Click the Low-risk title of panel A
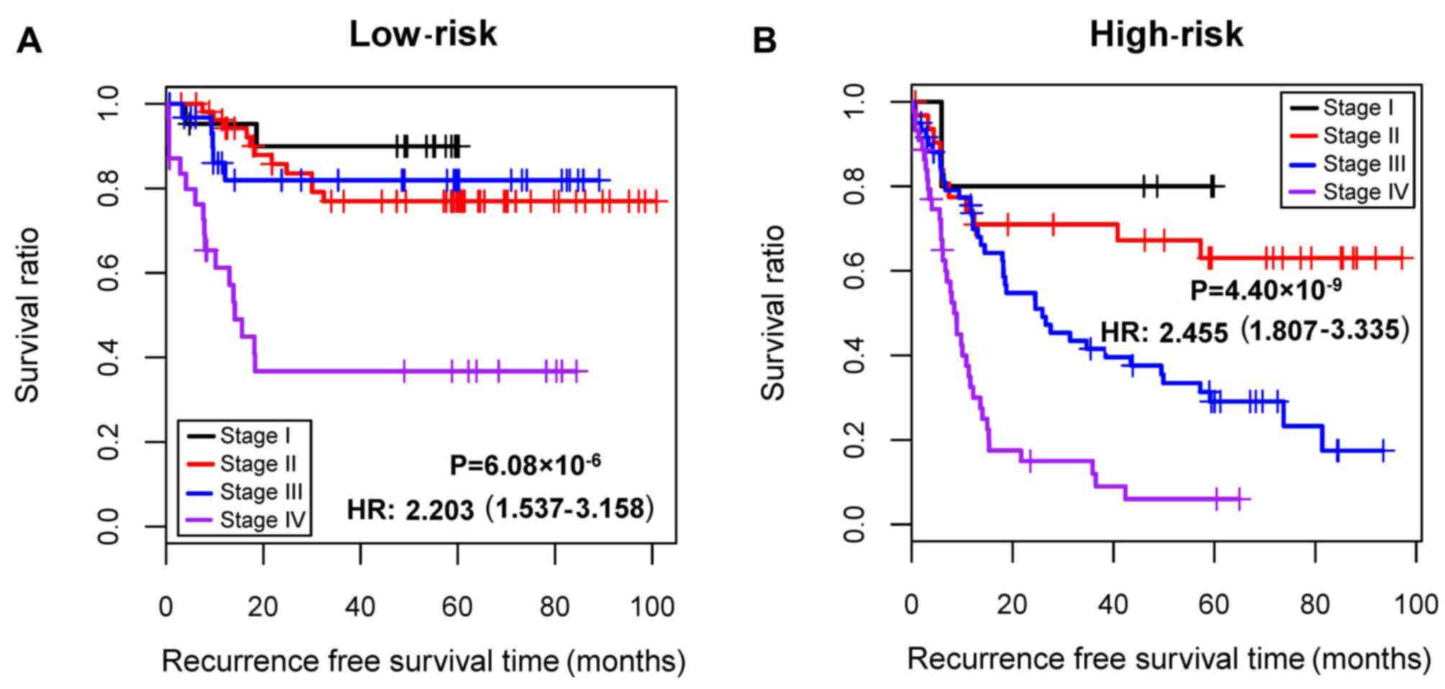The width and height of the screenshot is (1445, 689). pyautogui.click(x=422, y=34)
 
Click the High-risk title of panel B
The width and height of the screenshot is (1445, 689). pyautogui.click(x=1166, y=34)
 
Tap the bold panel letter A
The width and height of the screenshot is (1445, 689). pyautogui.click(x=30, y=40)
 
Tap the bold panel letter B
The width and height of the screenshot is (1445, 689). pyautogui.click(x=764, y=40)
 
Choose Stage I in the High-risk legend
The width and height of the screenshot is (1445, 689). pyautogui.click(x=1358, y=108)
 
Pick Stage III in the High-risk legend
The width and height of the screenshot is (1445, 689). pyautogui.click(x=1364, y=164)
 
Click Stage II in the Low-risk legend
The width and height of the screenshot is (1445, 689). pyautogui.click(x=258, y=464)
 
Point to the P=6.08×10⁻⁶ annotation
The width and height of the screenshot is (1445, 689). pyautogui.click(x=525, y=465)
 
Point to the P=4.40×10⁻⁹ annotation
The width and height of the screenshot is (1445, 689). pyautogui.click(x=1266, y=290)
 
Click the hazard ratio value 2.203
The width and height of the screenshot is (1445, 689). pyautogui.click(x=440, y=510)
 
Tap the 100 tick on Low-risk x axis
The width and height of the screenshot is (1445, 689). pyautogui.click(x=652, y=607)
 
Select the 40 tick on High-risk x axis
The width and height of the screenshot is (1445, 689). pyautogui.click(x=1113, y=604)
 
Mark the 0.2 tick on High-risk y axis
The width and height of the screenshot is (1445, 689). pyautogui.click(x=854, y=439)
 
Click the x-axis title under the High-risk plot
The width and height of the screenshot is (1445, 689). pyautogui.click(x=1169, y=659)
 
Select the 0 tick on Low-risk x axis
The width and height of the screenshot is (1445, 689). pyautogui.click(x=166, y=607)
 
